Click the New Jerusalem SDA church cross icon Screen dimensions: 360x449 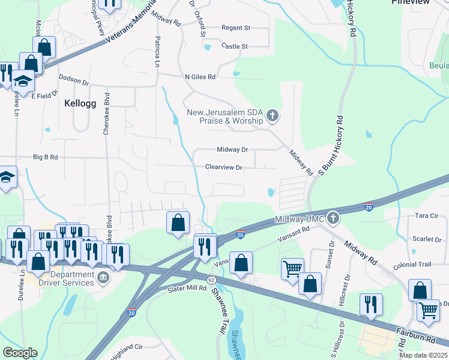click(273, 115)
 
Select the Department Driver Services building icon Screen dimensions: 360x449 click(103, 278)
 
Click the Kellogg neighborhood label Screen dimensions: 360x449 click(80, 103)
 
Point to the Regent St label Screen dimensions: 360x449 click(235, 28)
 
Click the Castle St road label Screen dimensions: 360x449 click(234, 46)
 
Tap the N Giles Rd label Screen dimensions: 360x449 click(200, 77)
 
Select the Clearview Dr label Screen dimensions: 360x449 click(223, 168)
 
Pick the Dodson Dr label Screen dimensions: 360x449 click(73, 80)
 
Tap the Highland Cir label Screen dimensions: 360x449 click(125, 347)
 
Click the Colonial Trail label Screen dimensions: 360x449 click(412, 264)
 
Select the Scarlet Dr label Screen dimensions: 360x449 click(427, 239)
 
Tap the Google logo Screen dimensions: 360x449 click(20, 353)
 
